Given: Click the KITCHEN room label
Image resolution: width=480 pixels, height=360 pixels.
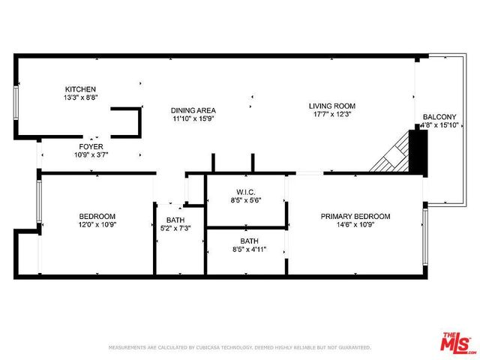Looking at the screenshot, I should (80, 89).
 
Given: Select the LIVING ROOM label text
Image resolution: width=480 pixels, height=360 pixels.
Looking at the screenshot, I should (331, 106).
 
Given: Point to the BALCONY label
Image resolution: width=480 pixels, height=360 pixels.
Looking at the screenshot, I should (439, 117).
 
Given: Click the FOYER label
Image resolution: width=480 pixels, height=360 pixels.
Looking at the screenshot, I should (91, 146).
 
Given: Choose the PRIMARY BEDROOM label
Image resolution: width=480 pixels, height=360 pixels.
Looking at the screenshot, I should (355, 216).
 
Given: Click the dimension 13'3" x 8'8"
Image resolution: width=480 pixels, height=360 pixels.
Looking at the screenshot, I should (80, 97).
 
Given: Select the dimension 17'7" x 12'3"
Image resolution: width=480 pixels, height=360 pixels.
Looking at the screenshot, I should (331, 114).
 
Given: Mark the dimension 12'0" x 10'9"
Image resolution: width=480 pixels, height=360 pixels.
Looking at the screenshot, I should (97, 224).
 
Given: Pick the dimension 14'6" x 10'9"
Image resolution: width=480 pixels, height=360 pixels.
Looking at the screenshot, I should (355, 224).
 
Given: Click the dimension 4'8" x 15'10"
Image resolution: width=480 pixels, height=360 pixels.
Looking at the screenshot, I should (439, 125).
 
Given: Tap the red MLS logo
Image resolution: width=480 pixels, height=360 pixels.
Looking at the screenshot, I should (457, 343).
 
